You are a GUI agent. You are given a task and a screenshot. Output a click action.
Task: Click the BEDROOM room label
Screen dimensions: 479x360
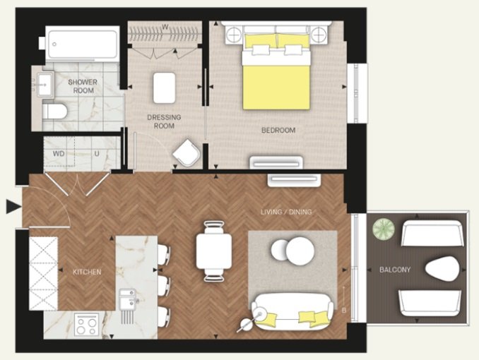click(x=278, y=131)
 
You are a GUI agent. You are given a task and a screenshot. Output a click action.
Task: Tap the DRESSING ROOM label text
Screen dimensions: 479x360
click(x=164, y=121)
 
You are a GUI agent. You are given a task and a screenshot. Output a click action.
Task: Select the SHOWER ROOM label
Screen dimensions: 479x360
click(x=83, y=86)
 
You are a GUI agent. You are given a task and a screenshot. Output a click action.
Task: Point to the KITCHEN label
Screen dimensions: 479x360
click(x=87, y=272)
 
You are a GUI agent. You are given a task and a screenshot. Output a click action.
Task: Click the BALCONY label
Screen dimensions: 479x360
click(x=395, y=270)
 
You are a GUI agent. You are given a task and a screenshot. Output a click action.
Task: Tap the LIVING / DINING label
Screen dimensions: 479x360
click(x=286, y=212)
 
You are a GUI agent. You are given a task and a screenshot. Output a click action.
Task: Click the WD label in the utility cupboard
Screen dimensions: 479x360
click(x=59, y=154)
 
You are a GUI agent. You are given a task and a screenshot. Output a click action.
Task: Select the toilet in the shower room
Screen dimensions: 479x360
click(x=54, y=112)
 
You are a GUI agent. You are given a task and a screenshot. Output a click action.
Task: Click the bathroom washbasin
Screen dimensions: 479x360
click(x=46, y=85)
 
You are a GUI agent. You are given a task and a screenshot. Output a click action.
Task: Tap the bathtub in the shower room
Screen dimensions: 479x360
click(x=82, y=44)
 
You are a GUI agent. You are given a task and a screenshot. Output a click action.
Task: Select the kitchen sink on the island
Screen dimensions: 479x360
click(x=128, y=299)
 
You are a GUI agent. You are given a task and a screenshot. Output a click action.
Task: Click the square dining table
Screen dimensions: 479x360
click(x=214, y=251)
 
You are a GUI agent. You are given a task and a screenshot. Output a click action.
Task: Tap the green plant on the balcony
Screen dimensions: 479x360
click(x=384, y=229)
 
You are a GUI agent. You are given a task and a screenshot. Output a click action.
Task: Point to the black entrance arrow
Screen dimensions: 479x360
click(x=13, y=207)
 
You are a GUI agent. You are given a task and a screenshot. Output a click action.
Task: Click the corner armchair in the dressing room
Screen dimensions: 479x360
click(x=187, y=153)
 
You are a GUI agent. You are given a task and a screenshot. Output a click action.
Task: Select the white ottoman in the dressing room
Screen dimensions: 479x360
click(x=165, y=88)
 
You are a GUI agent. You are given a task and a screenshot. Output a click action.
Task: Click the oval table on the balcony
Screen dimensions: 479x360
click(x=442, y=269)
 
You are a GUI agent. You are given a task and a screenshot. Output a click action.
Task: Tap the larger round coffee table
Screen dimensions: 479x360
click(x=300, y=251)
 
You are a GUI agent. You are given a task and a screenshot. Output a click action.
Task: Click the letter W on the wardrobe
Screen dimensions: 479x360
click(x=165, y=27)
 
